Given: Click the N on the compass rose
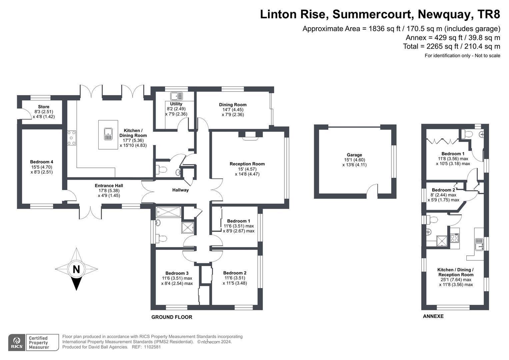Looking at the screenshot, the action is point(76,269).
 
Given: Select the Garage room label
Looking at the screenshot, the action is point(354,155).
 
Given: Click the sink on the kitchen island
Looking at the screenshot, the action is point(108,134).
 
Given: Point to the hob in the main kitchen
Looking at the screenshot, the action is point(72,138).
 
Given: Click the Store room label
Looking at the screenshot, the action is point(44,107).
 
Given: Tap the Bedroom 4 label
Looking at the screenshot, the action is point(42,162).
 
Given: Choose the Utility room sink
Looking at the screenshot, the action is point(177,96).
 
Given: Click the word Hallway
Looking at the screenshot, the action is point(180,190).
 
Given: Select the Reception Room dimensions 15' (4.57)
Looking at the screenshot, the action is point(247,169).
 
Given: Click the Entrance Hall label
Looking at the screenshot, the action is point(109,186).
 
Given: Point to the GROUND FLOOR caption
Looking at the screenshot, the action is point(172,317).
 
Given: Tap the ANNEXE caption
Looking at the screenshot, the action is point(433,316).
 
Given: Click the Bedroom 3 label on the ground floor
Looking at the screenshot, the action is point(177,273).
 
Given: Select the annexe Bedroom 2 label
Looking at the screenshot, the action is point(443,190).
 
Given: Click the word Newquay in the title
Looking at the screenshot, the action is point(444,14).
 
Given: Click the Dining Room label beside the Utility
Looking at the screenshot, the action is point(233,105).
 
